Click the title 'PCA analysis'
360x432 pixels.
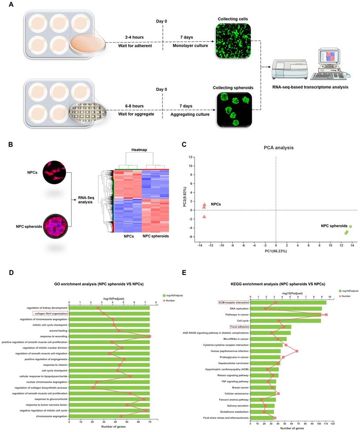276,148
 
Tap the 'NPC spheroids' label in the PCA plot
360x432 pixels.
334,226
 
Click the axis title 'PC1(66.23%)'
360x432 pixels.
276,251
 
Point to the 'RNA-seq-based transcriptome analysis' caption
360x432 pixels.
311,87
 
